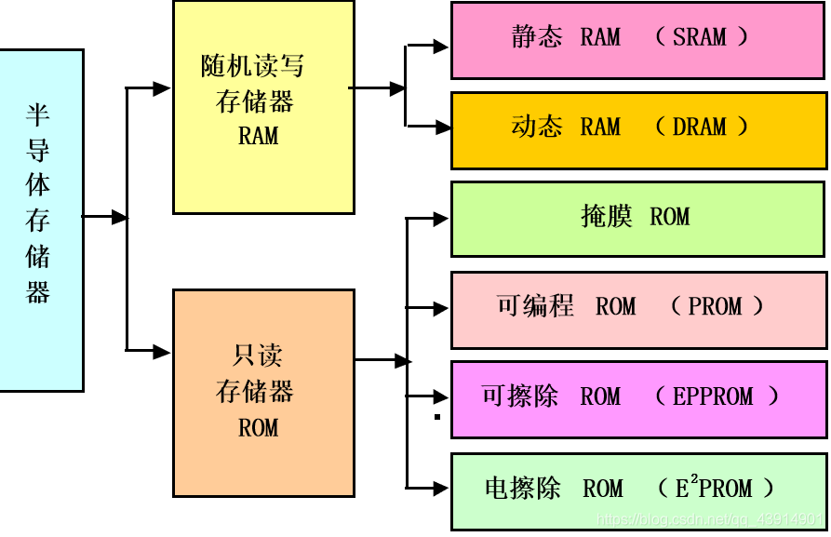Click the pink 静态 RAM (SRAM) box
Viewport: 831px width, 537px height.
637,39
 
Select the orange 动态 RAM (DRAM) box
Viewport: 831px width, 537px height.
637,129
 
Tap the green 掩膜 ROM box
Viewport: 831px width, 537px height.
637,219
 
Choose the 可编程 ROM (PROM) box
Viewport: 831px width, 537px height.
637,309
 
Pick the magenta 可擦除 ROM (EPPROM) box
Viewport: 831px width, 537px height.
637,399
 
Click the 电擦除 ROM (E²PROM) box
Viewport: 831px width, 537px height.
637,490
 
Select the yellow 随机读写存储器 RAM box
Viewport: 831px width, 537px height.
263,106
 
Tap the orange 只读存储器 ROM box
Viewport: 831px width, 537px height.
263,392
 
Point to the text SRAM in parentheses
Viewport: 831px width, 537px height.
700,37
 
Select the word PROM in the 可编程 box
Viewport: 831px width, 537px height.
716,307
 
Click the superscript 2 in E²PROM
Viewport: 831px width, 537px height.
693,479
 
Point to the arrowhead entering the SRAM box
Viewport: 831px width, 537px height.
441,47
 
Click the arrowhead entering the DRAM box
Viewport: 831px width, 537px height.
441,128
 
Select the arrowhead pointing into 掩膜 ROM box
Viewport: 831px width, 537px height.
441,220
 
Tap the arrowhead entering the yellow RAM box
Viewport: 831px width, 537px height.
163,88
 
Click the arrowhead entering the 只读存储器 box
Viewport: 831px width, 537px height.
163,352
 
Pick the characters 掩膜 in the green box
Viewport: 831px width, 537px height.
607,217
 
